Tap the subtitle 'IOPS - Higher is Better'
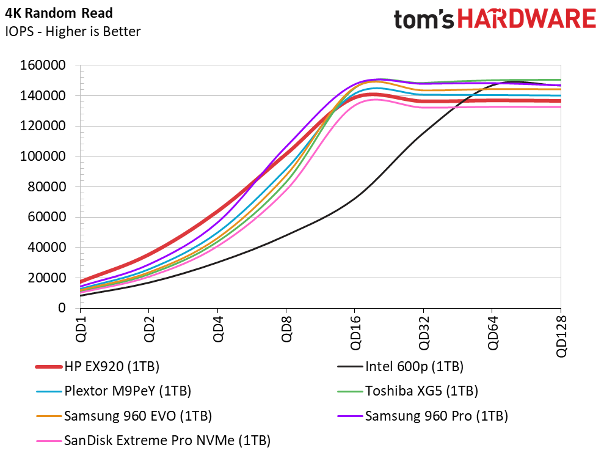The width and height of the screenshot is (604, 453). tap(73, 31)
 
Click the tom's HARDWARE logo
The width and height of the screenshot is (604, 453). tap(494, 19)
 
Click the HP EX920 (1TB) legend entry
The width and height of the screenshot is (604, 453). tap(111, 367)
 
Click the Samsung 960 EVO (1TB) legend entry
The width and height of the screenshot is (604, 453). tap(137, 416)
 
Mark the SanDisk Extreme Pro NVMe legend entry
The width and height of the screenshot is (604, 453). tap(167, 440)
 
